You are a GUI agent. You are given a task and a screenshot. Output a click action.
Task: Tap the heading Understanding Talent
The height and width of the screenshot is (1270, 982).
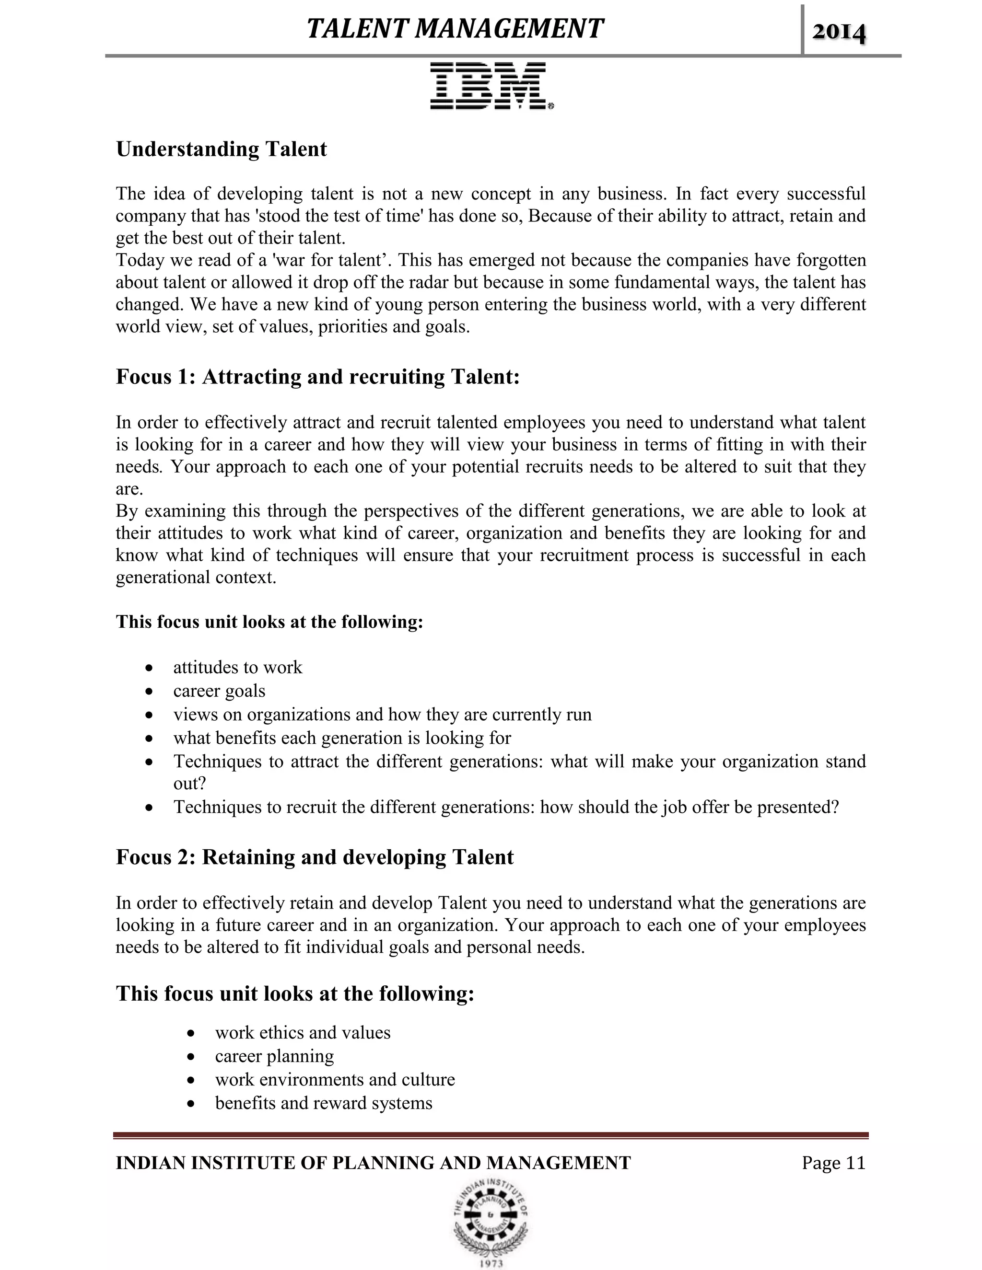click(221, 150)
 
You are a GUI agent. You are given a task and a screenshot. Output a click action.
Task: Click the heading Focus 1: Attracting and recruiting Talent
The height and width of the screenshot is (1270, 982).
click(317, 377)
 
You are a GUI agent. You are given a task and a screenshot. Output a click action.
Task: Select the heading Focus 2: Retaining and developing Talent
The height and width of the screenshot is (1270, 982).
click(314, 858)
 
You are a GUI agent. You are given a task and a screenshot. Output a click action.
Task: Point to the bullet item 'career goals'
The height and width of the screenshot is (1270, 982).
click(219, 691)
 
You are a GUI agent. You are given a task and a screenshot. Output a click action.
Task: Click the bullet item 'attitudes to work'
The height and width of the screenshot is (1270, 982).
click(237, 667)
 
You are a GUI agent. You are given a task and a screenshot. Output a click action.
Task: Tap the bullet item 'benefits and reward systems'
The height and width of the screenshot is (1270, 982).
click(324, 1103)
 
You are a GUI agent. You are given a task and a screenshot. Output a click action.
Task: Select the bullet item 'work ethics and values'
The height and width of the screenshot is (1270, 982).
click(303, 1033)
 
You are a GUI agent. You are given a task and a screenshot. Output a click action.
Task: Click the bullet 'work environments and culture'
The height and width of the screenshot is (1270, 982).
click(335, 1079)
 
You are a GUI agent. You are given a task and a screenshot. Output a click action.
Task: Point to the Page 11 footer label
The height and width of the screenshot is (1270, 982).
click(833, 1163)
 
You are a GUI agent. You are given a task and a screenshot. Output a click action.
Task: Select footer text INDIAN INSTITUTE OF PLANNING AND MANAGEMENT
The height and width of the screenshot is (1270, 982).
click(373, 1163)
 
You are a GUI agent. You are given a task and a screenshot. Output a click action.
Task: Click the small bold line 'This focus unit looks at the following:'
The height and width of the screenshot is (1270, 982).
click(269, 622)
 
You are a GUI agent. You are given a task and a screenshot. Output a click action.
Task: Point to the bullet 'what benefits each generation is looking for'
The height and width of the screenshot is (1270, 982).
click(341, 738)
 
